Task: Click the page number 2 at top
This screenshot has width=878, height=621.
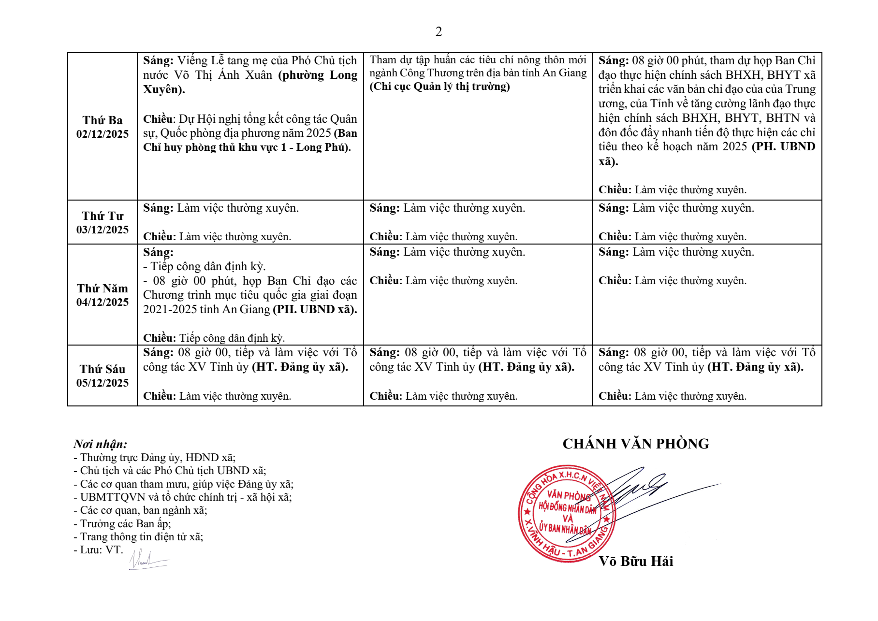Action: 439,32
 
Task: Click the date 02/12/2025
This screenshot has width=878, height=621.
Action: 102,134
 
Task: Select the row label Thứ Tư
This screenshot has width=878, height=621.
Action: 102,216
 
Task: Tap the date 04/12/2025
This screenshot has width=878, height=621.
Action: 102,302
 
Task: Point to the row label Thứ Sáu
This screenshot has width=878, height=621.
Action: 102,369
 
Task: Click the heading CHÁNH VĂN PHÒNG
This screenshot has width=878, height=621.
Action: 635,444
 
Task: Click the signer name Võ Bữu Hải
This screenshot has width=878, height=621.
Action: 636,561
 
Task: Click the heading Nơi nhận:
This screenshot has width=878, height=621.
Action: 101,444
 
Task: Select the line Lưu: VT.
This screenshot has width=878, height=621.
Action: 98,550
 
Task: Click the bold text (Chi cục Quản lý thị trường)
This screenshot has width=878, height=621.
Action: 439,87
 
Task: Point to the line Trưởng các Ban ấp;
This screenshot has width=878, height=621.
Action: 122,523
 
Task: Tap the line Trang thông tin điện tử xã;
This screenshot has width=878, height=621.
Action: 138,536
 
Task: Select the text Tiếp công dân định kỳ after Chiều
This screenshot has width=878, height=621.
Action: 232,338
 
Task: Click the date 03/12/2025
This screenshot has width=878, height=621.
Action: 102,230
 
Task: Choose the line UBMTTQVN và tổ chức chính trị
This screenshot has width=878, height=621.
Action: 183,497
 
